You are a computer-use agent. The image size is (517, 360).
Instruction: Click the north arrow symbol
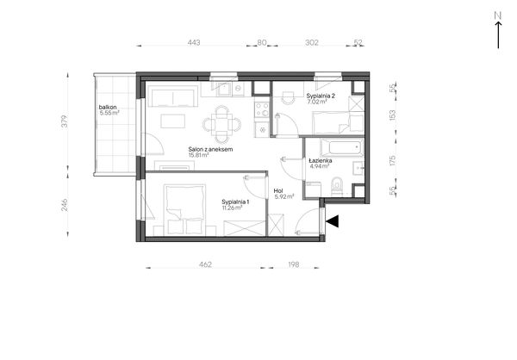(x=498, y=30)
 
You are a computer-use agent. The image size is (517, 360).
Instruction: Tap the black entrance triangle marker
(x=333, y=221)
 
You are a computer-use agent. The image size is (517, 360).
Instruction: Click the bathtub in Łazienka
(x=342, y=147)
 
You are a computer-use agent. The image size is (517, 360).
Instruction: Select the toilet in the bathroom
(x=337, y=187)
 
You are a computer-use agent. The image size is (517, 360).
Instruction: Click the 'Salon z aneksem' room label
(x=210, y=149)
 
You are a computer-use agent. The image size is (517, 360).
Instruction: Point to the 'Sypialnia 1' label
(x=235, y=202)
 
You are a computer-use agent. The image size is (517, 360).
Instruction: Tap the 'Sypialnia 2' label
(x=321, y=96)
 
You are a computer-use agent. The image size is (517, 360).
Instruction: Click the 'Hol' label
(x=278, y=191)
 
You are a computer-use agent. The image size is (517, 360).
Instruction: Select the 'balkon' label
(x=108, y=108)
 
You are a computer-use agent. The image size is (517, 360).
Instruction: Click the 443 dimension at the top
(x=194, y=42)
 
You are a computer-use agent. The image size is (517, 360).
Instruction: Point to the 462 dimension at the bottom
(x=205, y=264)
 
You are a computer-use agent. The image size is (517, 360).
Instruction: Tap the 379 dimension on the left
(x=65, y=121)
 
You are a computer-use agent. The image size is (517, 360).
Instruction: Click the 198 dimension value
(x=294, y=264)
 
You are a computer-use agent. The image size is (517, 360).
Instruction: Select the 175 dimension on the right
(x=392, y=160)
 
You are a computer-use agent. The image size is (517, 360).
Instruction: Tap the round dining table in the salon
(x=222, y=125)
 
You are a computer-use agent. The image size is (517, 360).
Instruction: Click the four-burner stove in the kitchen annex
(x=262, y=109)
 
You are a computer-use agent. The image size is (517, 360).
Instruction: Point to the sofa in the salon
(x=172, y=96)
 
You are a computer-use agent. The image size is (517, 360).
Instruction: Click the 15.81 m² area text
(x=198, y=155)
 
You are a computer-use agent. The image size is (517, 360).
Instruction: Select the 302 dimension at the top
(x=312, y=42)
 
